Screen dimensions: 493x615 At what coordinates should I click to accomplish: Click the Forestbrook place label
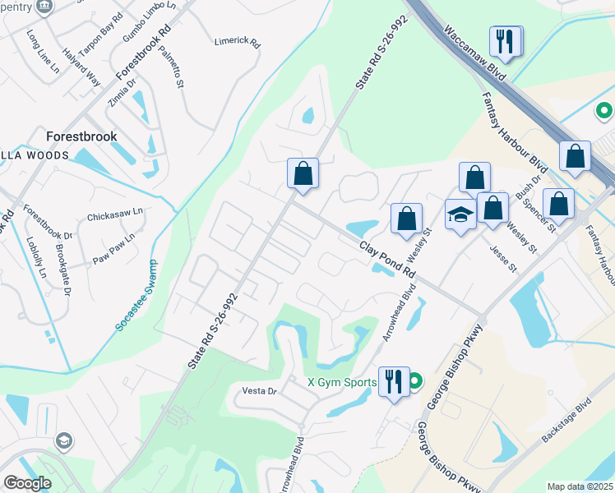coord(81,136)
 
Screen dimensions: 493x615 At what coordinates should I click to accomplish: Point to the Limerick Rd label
coord(237,41)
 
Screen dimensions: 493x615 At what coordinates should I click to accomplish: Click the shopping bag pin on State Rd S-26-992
coord(303,173)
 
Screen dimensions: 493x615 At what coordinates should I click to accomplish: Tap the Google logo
coord(27,483)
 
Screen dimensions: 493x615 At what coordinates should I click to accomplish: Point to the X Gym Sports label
coord(342,382)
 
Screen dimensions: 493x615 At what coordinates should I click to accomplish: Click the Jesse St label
coord(502,257)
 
